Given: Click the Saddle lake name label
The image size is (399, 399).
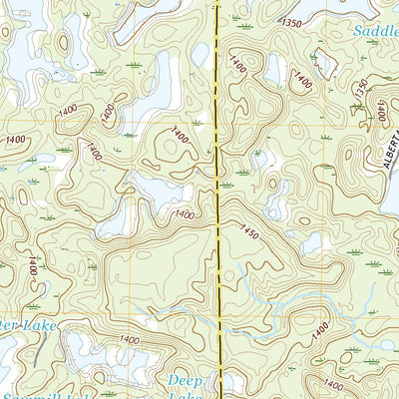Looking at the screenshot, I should pyautogui.click(x=376, y=31).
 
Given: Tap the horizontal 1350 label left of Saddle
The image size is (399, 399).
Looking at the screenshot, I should pyautogui.click(x=290, y=22).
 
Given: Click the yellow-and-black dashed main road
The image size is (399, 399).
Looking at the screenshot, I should pyautogui.click(x=217, y=199).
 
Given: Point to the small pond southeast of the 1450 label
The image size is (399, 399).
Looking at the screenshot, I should pyautogui.click(x=311, y=243).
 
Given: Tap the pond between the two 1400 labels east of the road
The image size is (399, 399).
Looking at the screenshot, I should pyautogui.click(x=274, y=70).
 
